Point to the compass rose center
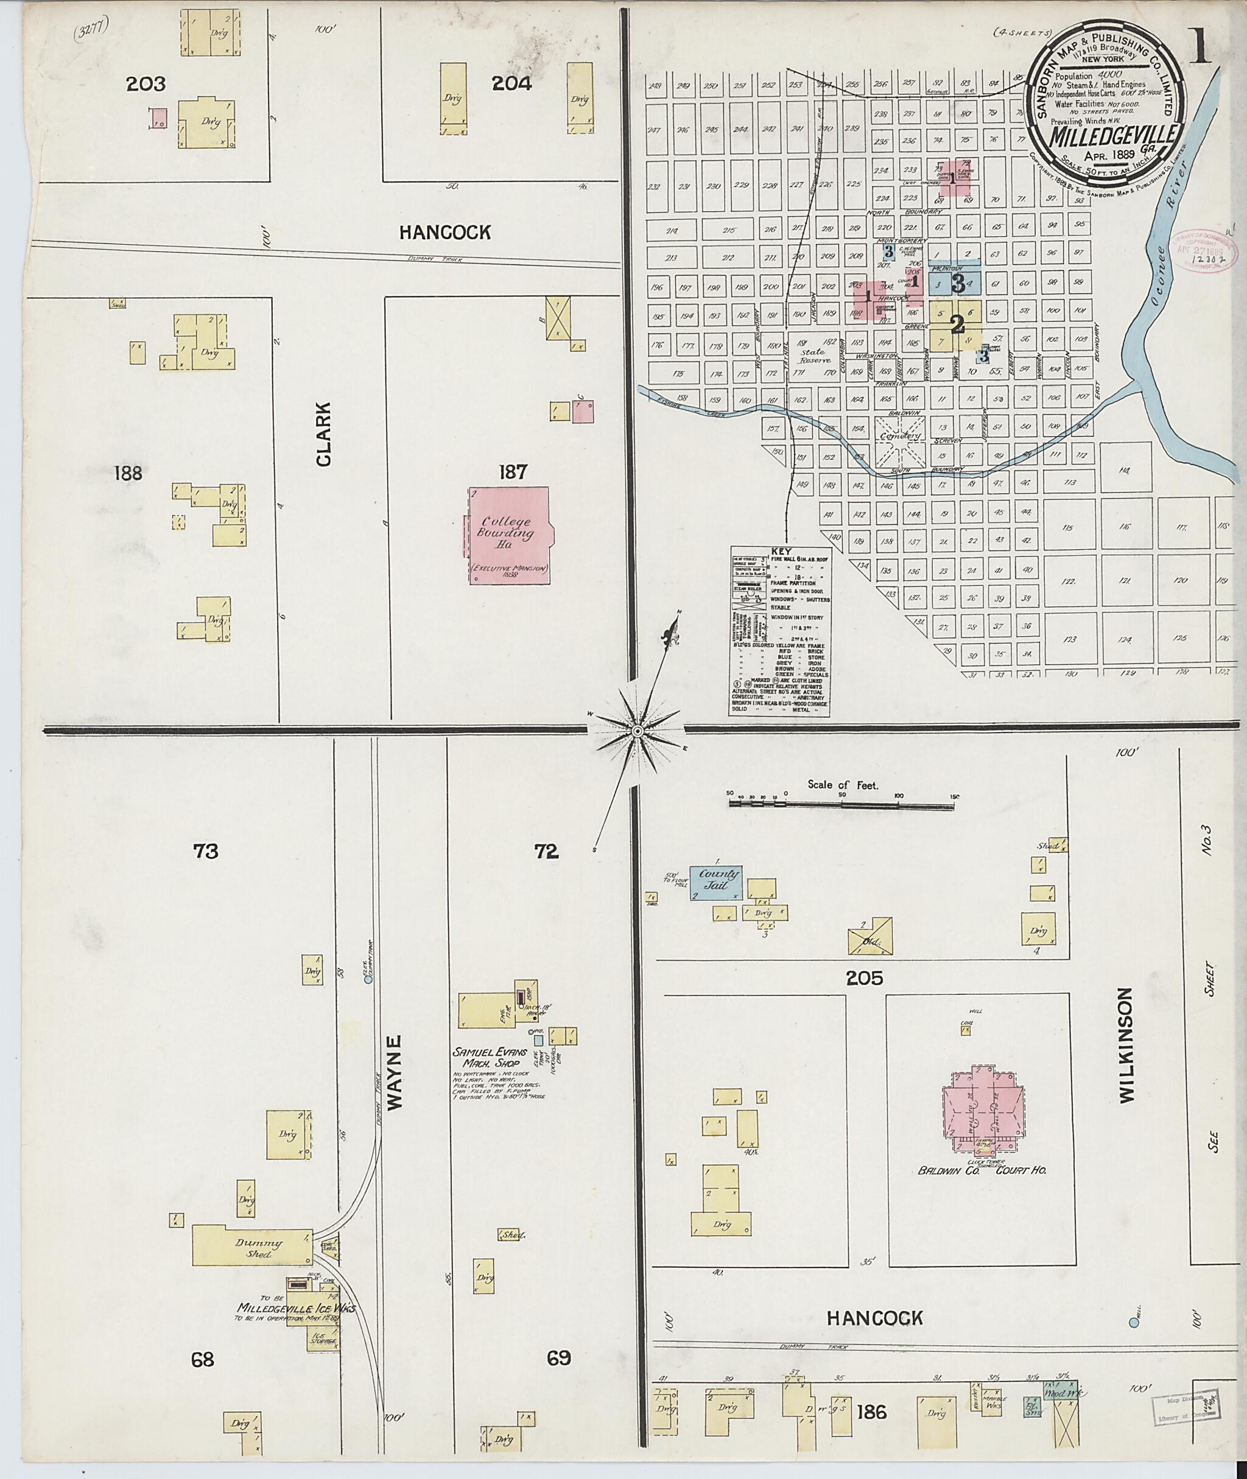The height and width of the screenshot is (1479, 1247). point(637,729)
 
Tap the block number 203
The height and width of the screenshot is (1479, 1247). point(146,85)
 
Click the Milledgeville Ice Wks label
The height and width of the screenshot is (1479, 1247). point(297,1310)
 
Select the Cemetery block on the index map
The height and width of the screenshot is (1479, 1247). point(899,436)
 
